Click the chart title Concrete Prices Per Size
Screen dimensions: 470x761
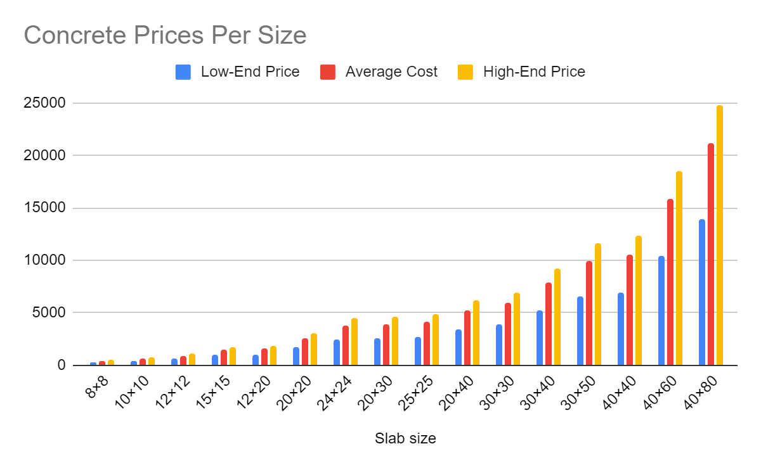[x=165, y=35]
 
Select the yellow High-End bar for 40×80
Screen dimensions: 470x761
[x=720, y=234]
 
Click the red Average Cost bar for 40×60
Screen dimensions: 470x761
[x=670, y=282]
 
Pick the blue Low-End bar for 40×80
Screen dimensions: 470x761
[x=702, y=292]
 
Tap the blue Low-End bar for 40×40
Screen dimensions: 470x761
[x=621, y=329]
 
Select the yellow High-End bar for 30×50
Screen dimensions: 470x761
[x=598, y=304]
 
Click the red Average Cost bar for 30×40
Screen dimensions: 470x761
[x=549, y=324]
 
